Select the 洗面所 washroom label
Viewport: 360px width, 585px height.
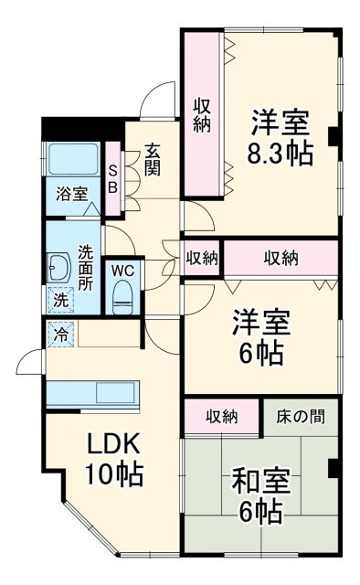[85, 266]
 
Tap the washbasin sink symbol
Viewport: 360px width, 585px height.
[58, 267]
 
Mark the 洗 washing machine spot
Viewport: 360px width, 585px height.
[58, 298]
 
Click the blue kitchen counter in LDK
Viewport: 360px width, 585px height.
[91, 394]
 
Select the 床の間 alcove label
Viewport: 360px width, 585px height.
[298, 416]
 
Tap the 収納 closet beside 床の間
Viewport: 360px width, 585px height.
[222, 416]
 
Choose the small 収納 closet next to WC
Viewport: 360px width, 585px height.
[202, 258]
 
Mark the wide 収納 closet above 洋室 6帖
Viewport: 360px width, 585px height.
[281, 258]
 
